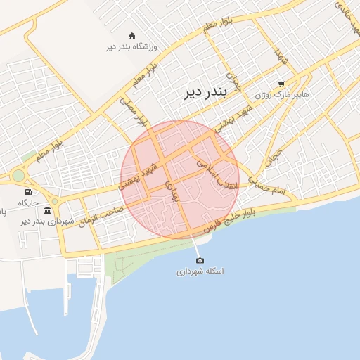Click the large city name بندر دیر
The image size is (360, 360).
pos(203,92)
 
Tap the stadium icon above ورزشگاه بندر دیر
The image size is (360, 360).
pos(131,36)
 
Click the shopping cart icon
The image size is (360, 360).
pos(281,83)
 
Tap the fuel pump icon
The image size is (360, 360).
pos(28,192)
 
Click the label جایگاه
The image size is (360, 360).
pos(28,202)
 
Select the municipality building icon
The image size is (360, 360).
pos(47,210)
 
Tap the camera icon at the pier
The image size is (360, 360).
pos(200,260)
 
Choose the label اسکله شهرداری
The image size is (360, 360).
pos(200,271)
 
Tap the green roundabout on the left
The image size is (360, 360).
pos(18,176)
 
